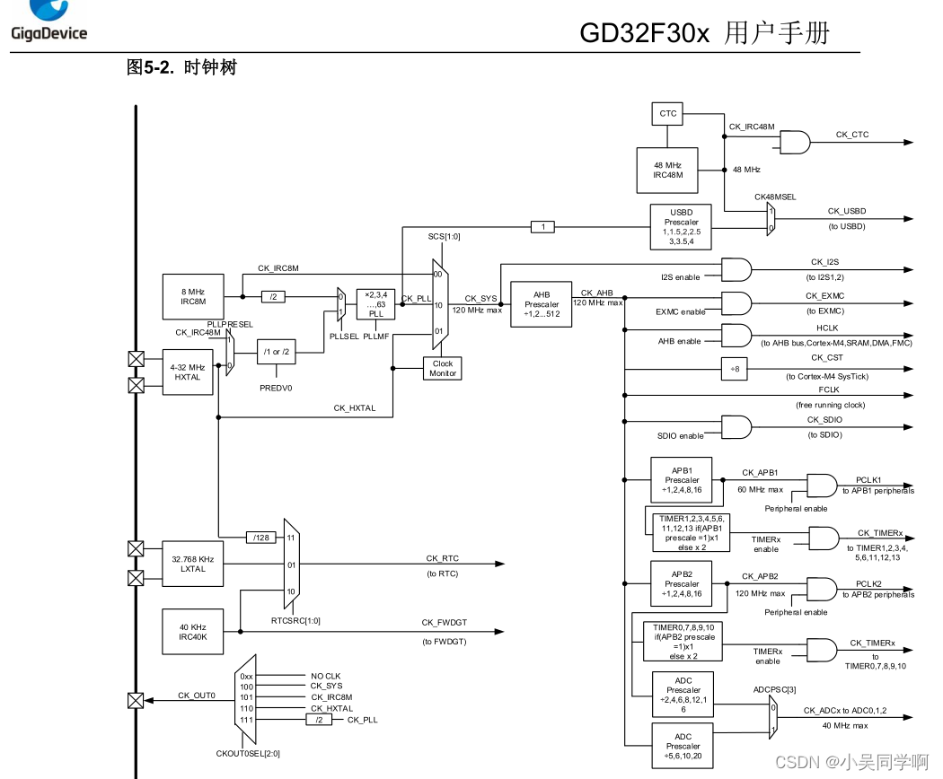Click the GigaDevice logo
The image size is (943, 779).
(48, 22)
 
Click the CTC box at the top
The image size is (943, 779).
(668, 114)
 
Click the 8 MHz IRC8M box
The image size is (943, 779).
(192, 295)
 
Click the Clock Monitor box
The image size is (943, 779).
(443, 369)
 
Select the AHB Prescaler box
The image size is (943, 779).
(541, 304)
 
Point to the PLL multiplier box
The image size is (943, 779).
(375, 304)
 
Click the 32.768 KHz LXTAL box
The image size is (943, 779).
(192, 564)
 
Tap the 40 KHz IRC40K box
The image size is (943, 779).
(192, 632)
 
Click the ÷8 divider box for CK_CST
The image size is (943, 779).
(734, 368)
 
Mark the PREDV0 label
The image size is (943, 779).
(276, 388)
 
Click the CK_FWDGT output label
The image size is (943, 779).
(444, 622)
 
